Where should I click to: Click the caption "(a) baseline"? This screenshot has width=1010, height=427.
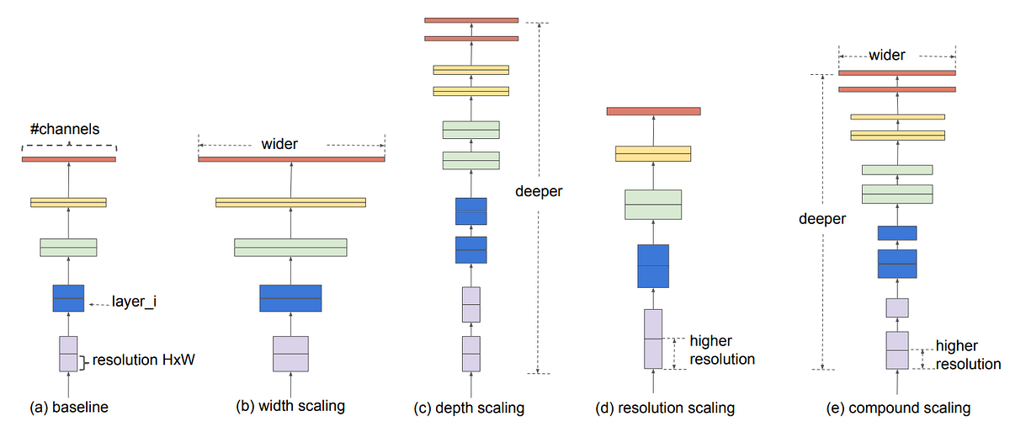coord(69,408)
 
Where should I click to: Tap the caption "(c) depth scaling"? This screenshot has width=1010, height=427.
coord(470,408)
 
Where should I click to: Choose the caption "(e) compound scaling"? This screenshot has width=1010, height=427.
coord(898,408)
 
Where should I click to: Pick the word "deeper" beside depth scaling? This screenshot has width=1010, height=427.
coord(538,191)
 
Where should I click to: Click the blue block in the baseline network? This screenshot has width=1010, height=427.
coord(68,298)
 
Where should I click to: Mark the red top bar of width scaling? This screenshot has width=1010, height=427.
coord(291,159)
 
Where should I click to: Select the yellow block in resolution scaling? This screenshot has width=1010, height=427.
coord(653,153)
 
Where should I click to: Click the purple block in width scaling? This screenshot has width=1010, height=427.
coord(290,354)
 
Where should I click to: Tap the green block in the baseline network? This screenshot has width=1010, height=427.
coord(68,247)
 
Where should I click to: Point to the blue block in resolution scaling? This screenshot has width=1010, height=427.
coord(653,266)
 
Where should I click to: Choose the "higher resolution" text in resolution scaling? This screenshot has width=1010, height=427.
coord(721,350)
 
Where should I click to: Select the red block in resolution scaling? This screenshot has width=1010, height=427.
coord(653,110)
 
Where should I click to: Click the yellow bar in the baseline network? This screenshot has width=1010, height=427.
coord(68,202)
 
